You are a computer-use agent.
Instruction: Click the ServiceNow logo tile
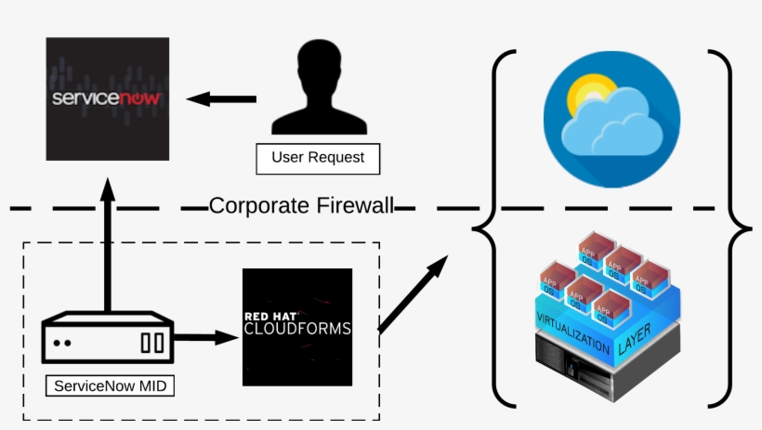pyautogui.click(x=108, y=98)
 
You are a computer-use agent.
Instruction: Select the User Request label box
pyautogui.click(x=318, y=158)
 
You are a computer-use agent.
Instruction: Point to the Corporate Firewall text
pyautogui.click(x=301, y=206)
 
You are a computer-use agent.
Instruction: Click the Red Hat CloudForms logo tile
pyautogui.click(x=297, y=327)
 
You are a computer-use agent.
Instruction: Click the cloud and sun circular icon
pyautogui.click(x=610, y=118)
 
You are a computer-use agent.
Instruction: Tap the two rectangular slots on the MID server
pyautogui.click(x=152, y=343)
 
